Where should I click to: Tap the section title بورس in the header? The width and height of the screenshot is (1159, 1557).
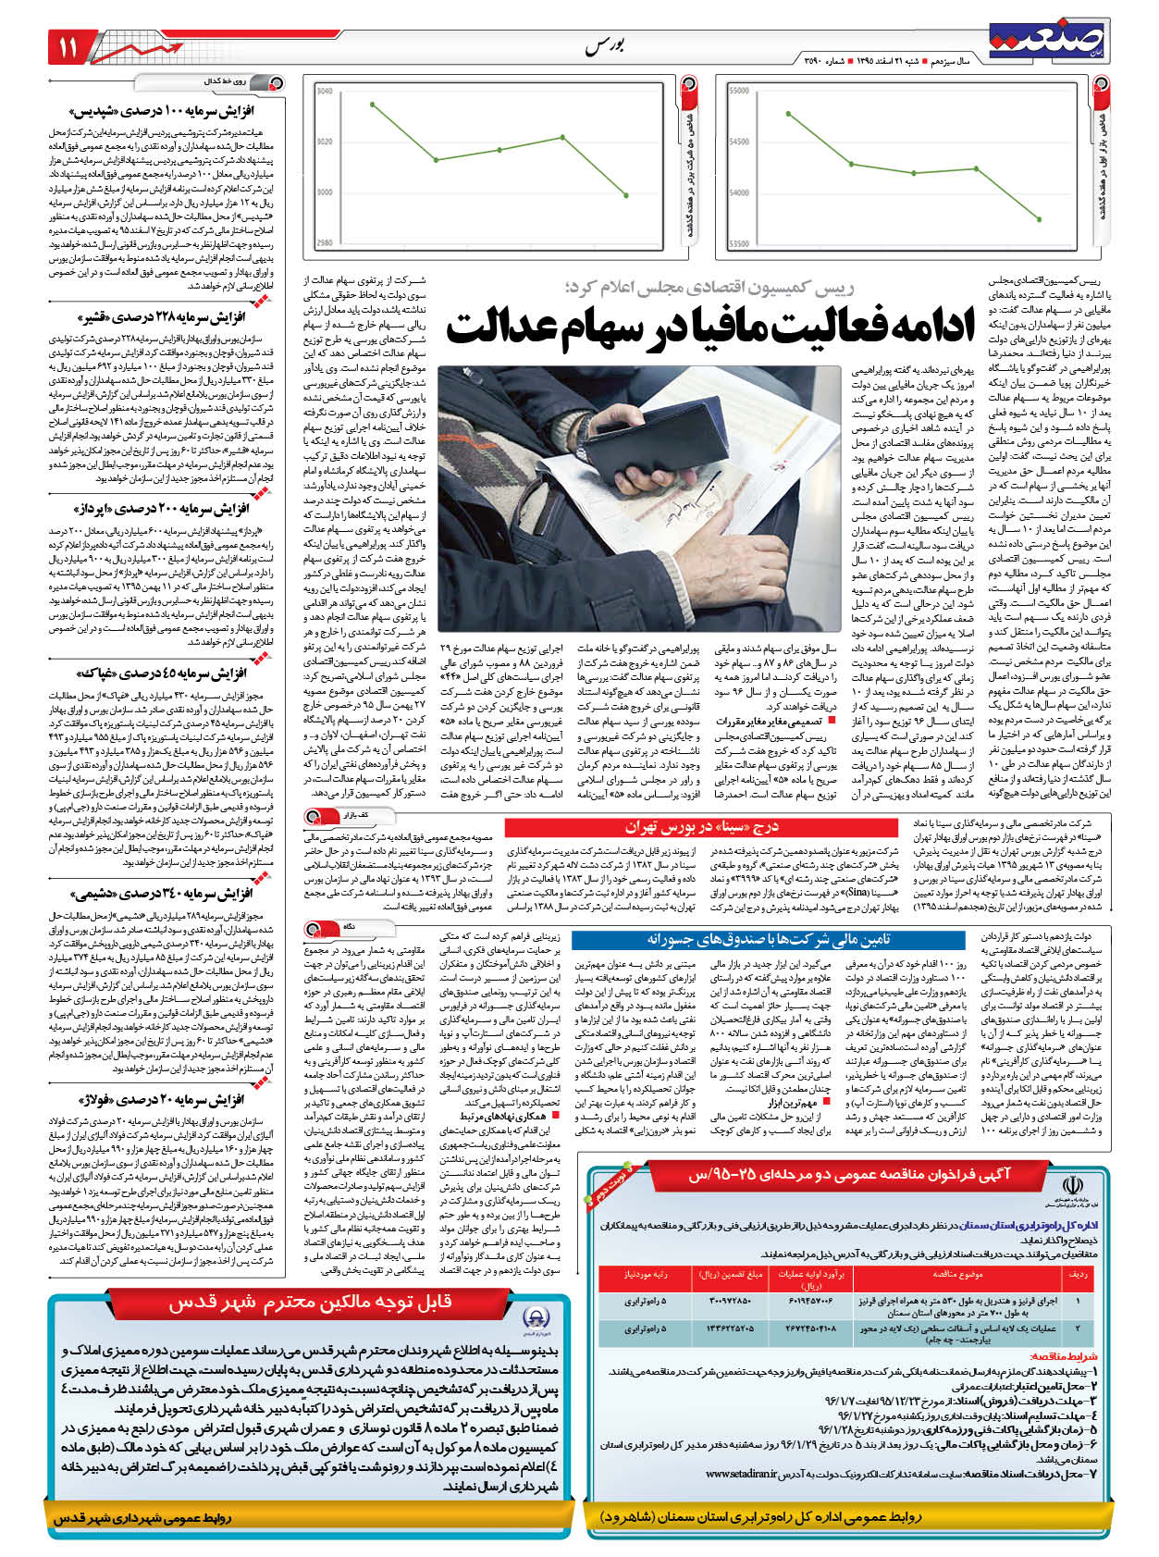[x=605, y=46]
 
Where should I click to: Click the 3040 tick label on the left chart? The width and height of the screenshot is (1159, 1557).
[x=325, y=92]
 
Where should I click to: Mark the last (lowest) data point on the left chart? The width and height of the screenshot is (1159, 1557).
[x=627, y=194]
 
